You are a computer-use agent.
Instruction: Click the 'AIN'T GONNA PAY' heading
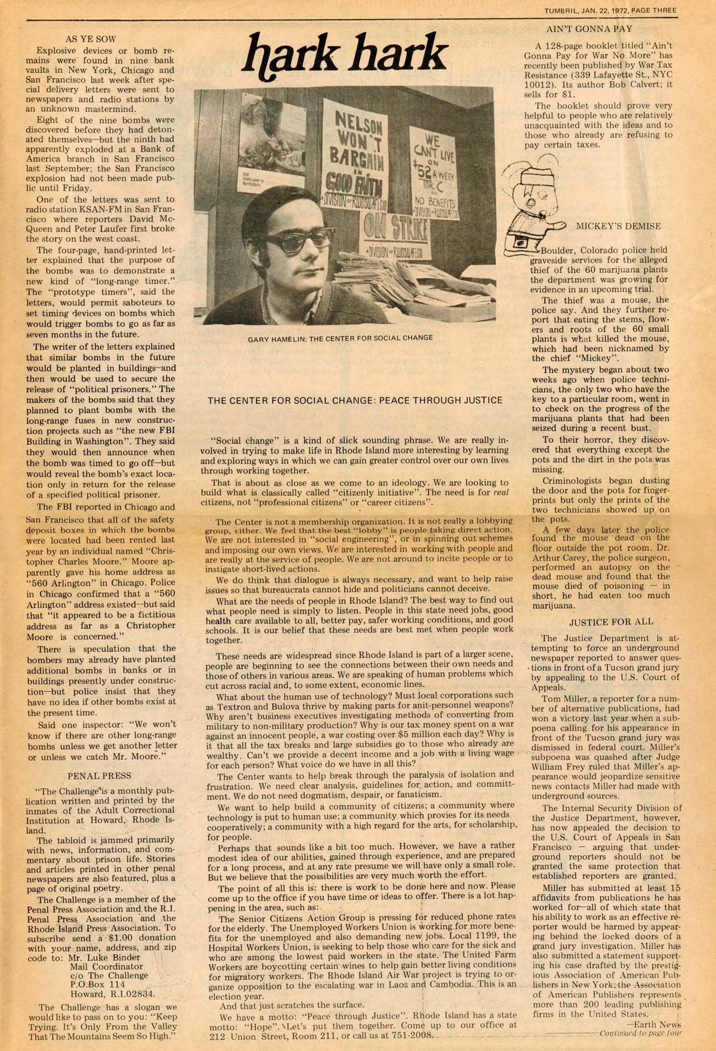(589, 28)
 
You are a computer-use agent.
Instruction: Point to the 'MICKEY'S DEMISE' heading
(618, 226)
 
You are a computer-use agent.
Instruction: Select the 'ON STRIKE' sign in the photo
(394, 226)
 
